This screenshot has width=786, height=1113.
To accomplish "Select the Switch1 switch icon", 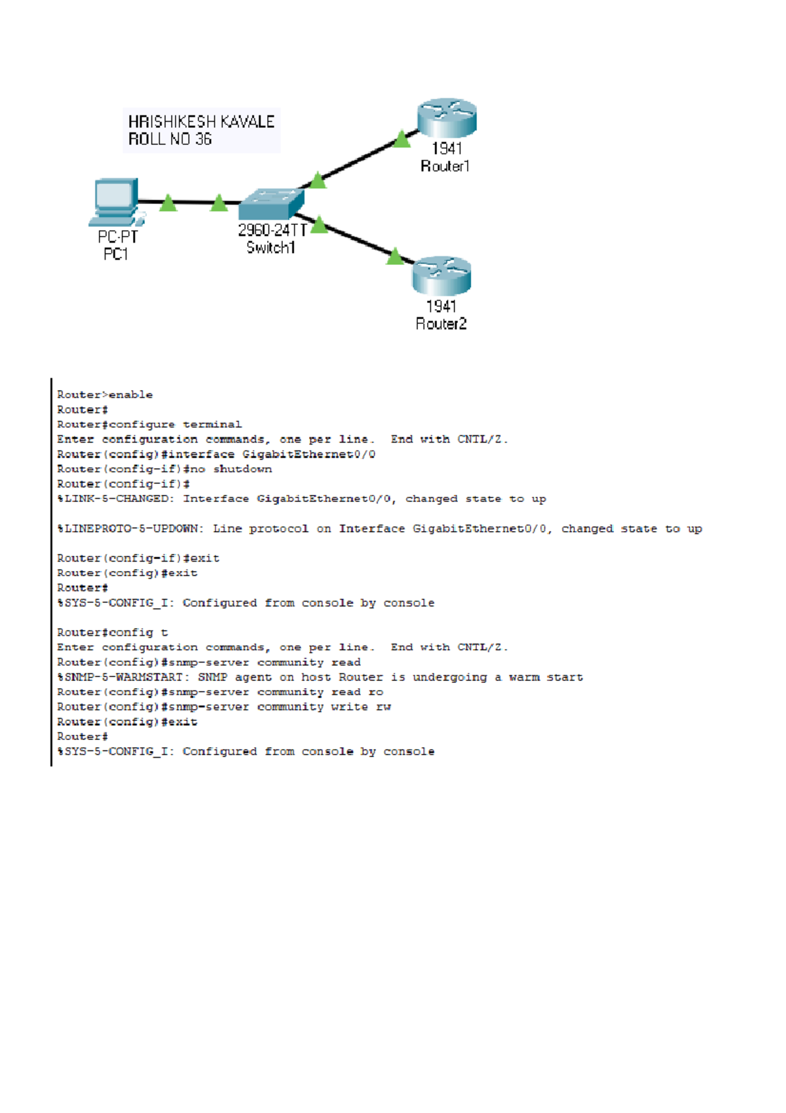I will click(x=271, y=204).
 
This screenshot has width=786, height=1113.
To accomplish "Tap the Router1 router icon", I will click(x=447, y=118).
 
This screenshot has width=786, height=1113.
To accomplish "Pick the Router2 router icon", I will click(x=441, y=276).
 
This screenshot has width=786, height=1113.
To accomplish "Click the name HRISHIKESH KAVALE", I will click(x=201, y=122).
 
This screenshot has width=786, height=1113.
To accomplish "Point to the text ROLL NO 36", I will click(x=170, y=139).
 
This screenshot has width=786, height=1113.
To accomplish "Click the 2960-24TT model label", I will click(x=272, y=230).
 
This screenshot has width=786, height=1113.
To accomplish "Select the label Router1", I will click(x=445, y=166).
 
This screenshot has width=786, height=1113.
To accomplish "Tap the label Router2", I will click(x=441, y=324).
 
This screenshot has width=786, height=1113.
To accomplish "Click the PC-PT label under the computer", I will click(x=118, y=237).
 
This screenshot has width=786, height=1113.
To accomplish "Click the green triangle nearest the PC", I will click(x=168, y=203).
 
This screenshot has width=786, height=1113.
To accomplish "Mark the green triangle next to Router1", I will click(x=402, y=139).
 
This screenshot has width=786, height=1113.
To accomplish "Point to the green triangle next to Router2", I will click(x=395, y=256).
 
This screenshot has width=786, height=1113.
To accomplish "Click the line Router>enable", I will click(x=105, y=395).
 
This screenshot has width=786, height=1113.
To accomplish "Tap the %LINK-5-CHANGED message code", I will click(x=113, y=499).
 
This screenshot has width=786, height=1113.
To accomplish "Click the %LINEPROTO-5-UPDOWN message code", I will click(x=130, y=529).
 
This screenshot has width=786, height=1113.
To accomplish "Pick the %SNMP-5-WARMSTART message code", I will click(x=122, y=677).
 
